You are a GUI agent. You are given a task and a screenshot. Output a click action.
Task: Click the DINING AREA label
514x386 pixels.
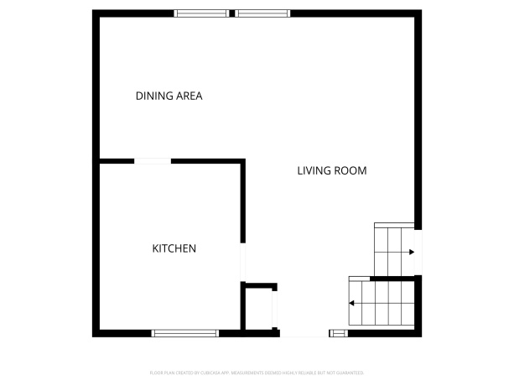tap(169, 96)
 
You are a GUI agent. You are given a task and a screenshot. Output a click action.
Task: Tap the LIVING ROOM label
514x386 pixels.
tap(332, 171)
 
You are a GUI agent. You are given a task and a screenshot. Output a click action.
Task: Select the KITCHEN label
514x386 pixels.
tap(174, 248)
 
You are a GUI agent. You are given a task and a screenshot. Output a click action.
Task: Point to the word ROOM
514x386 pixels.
tap(350, 171)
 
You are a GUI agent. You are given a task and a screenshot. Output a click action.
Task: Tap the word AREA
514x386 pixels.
tap(190, 96)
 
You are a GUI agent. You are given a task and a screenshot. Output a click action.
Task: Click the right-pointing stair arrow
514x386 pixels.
tap(411, 252)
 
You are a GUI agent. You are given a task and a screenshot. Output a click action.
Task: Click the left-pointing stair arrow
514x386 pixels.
tap(352, 303)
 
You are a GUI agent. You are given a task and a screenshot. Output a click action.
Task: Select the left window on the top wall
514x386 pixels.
tap(201, 13)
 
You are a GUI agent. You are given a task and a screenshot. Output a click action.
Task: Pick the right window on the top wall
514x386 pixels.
tap(262, 13)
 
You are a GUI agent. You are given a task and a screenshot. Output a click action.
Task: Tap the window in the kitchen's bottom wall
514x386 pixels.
tap(185, 333)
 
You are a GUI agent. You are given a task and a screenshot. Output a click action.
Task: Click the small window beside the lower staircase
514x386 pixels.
tap(338, 333)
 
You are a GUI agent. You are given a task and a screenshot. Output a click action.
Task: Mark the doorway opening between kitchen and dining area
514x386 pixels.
tap(153, 160)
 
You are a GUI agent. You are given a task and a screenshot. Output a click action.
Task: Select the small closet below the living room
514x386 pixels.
tap(258, 309)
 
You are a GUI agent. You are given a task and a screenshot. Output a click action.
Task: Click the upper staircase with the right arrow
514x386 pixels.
tap(394, 249)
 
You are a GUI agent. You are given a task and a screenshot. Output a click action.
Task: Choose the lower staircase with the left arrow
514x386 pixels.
tap(382, 303)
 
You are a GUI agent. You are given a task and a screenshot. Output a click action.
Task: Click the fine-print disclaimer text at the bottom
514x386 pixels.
tap(257, 371)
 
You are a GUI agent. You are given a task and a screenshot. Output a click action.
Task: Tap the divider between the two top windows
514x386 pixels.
tap(232, 13)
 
